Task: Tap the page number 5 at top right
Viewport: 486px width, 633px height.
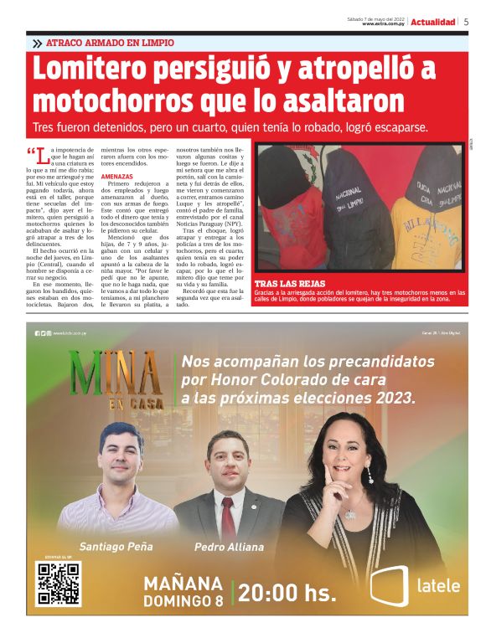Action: pyautogui.click(x=466, y=22)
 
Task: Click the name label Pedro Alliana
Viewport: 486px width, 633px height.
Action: pyautogui.click(x=229, y=547)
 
